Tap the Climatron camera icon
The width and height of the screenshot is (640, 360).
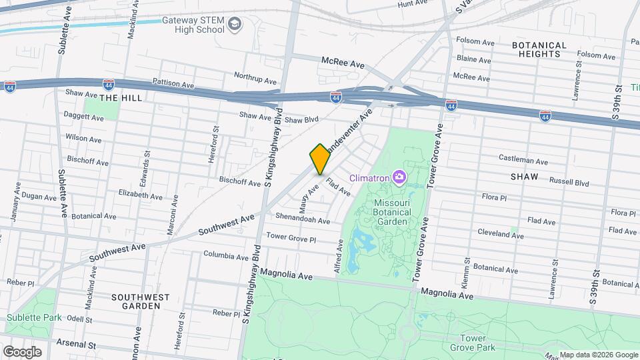pos(399,177)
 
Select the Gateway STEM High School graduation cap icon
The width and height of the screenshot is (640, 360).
pos(235,25)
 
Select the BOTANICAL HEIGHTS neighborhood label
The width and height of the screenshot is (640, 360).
pos(539,49)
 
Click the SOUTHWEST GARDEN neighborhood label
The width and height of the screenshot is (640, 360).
pos(136,301)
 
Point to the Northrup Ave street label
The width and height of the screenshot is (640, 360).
pos(255,76)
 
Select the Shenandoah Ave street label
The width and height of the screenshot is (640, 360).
pos(303,221)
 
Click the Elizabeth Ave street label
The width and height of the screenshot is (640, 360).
pos(140,197)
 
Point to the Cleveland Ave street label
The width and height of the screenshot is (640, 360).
pos(500,235)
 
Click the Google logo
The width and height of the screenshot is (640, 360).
pos(22,351)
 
